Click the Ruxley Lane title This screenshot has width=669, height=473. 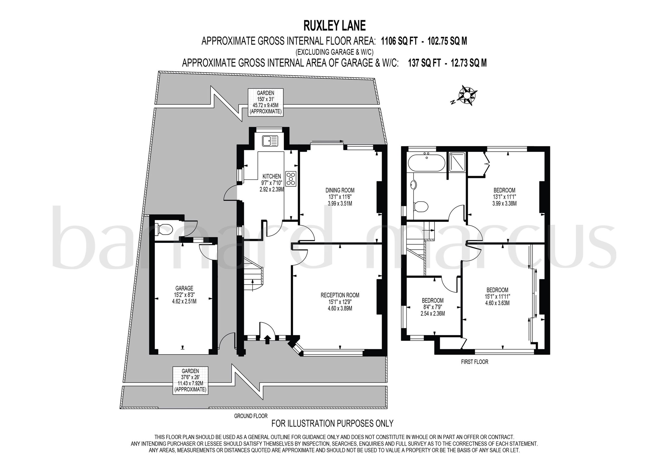tap(334, 26)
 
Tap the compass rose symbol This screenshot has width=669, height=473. tap(467, 95)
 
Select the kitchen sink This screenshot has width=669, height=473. tap(270, 141)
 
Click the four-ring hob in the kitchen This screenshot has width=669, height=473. tap(291, 179)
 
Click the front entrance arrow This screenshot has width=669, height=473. tap(267, 339)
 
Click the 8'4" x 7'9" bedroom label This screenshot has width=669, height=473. tap(433, 307)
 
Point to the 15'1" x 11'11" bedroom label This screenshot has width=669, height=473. tap(497, 296)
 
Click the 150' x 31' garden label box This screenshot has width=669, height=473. tap(265, 102)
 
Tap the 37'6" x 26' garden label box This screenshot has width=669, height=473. tap(190, 380)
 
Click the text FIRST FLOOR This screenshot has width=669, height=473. tap(474, 362)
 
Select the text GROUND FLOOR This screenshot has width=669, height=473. tap(251, 416)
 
